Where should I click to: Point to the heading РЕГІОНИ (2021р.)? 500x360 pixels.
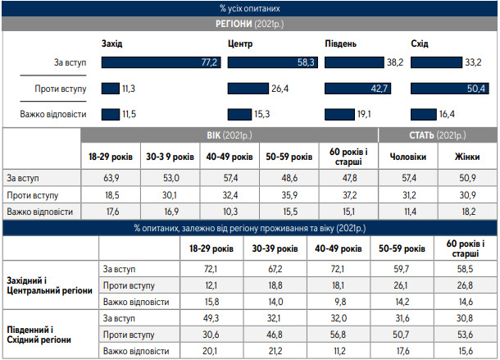pos(249,25)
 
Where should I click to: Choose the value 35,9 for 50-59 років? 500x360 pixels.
pos(289,194)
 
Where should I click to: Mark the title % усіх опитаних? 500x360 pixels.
pos(249,8)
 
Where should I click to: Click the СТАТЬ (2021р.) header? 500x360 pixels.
pos(438,134)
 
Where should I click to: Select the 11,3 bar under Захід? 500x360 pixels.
pos(110,89)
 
